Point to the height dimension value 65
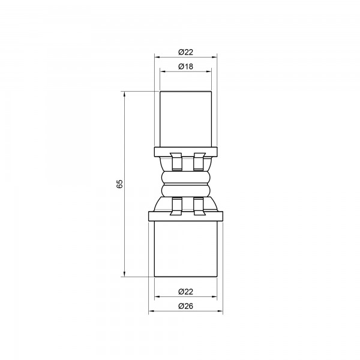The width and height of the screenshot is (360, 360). click(119, 184)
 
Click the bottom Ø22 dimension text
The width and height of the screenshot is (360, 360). click(185, 292)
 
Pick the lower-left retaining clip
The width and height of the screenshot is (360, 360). click(176, 205)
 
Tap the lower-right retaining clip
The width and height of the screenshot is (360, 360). click(198, 205)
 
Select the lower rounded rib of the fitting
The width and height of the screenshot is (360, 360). click(186, 190)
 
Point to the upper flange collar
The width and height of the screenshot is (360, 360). click(186, 150)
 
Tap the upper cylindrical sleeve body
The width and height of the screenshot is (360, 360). click(186, 119)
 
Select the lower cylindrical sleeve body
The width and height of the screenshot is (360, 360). click(186, 247)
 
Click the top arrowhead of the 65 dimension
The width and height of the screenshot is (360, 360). click(124, 93)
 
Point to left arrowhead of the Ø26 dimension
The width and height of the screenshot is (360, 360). click(150, 312)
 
